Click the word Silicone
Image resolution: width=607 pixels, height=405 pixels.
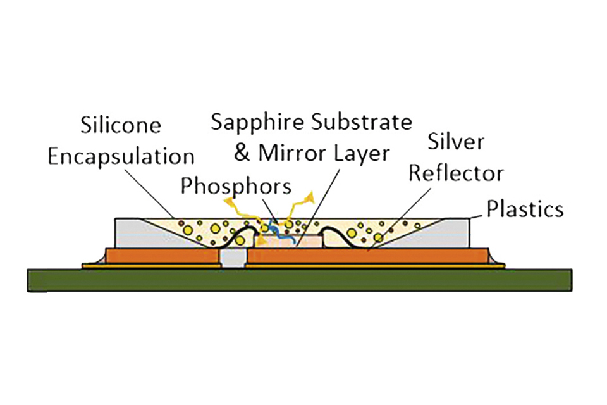(x=121, y=125)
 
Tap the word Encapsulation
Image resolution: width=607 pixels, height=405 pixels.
(x=121, y=156)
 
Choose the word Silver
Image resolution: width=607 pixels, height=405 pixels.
(x=455, y=142)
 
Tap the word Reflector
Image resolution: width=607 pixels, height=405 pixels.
(x=455, y=173)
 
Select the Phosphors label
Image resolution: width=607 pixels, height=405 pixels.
(x=236, y=187)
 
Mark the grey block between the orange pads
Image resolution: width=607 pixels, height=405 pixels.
(x=232, y=259)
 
